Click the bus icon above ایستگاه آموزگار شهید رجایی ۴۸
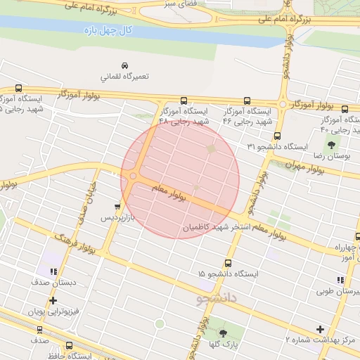click(x=184, y=101)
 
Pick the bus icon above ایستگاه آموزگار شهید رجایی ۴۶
click(x=247, y=101)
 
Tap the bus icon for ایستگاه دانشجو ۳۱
click(x=277, y=136)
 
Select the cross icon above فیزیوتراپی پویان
click(x=53, y=300)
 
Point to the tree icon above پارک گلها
click(x=224, y=333)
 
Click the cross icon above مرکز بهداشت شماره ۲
click(x=321, y=329)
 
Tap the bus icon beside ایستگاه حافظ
click(x=69, y=345)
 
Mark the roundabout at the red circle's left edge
click(x=133, y=176)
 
